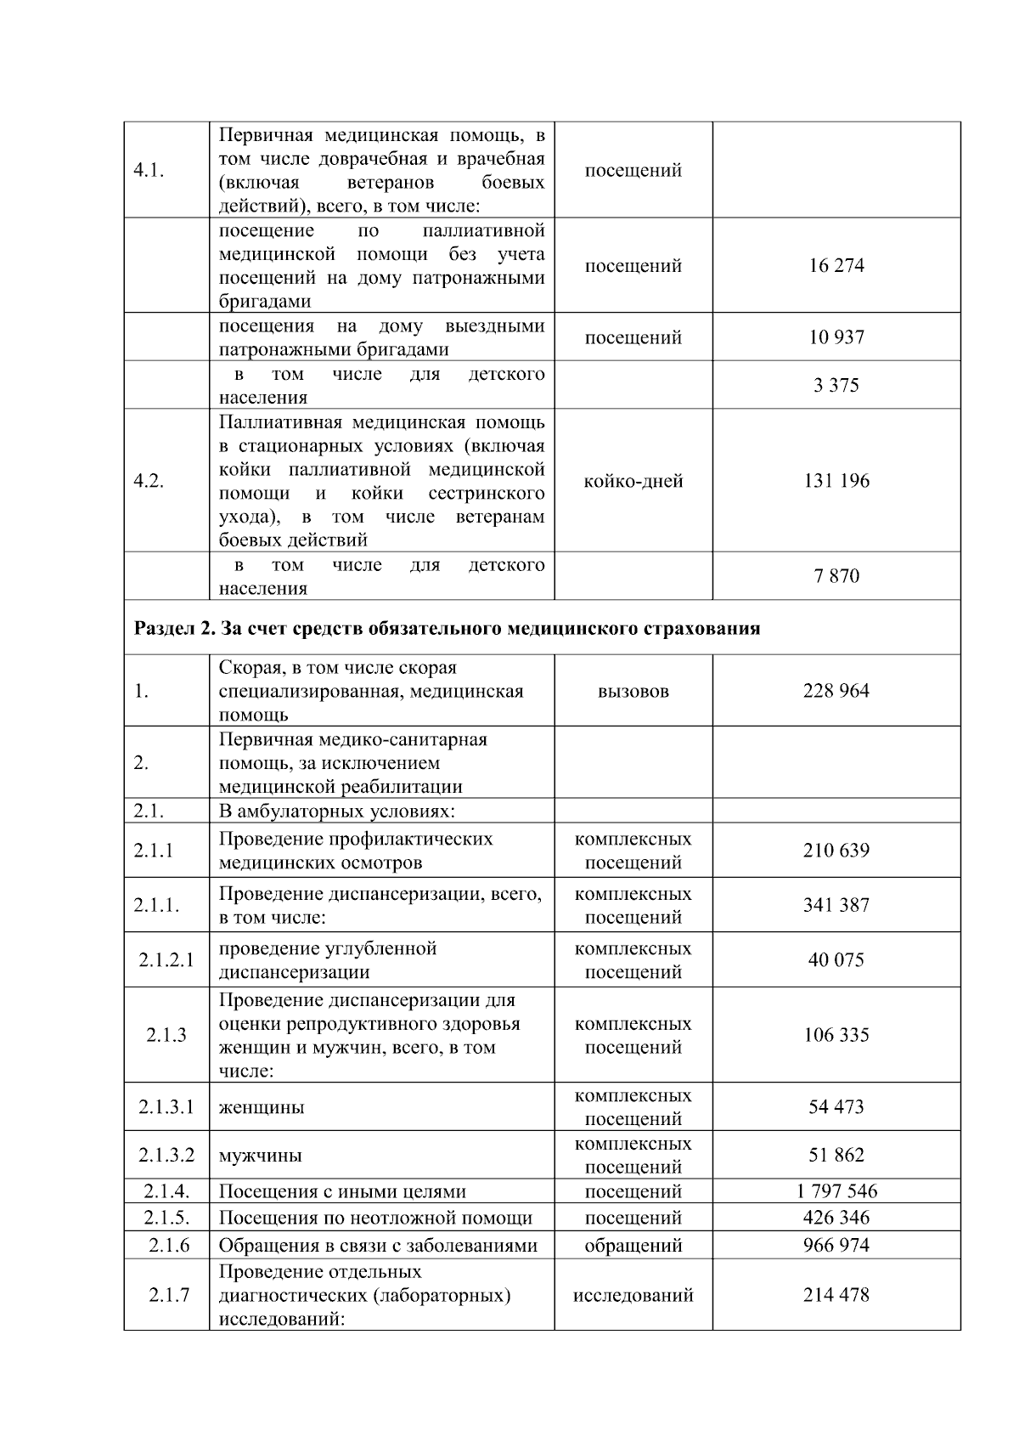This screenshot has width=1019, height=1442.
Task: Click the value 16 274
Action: click(836, 266)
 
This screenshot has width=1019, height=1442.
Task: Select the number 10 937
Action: click(836, 337)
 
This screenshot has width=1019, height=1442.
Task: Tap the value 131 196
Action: click(836, 481)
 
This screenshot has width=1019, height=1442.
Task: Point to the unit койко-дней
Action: click(633, 482)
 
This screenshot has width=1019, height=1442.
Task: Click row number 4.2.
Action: click(149, 482)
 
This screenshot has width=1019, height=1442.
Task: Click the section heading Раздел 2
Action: click(447, 629)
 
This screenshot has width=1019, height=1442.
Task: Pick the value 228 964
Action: click(836, 691)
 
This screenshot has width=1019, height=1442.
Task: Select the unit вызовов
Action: click(633, 692)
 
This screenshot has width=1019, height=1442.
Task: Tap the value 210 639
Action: click(836, 851)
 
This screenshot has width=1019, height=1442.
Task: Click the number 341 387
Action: click(836, 906)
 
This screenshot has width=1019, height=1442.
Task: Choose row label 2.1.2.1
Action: click(166, 960)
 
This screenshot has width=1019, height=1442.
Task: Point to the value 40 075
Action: click(836, 960)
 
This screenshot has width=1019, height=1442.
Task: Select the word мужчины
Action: click(261, 1156)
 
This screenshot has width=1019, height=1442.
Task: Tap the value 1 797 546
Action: click(836, 1191)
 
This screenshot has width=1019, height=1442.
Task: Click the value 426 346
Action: click(836, 1218)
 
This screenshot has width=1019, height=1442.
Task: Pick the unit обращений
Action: click(633, 1246)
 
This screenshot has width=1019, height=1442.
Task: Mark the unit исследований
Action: click(633, 1296)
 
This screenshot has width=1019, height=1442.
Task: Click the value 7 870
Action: click(836, 576)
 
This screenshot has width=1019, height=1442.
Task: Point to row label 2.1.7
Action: click(168, 1296)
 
